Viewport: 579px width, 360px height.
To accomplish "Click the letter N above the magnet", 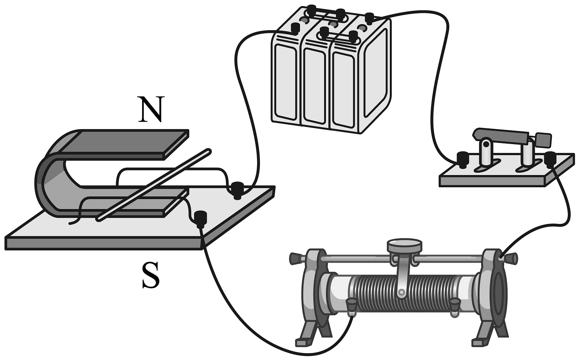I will click(151, 110).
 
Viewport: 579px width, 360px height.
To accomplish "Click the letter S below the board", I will click(150, 276).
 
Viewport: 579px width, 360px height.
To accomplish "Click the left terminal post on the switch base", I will click(463, 159).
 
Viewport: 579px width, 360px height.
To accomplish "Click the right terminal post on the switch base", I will click(550, 158).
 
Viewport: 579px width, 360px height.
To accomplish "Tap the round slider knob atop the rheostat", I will click(405, 245).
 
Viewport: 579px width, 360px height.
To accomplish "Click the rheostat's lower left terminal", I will click(350, 305).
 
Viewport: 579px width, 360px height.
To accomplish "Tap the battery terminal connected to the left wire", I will click(295, 29).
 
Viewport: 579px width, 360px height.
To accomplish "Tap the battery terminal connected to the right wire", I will click(369, 18).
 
